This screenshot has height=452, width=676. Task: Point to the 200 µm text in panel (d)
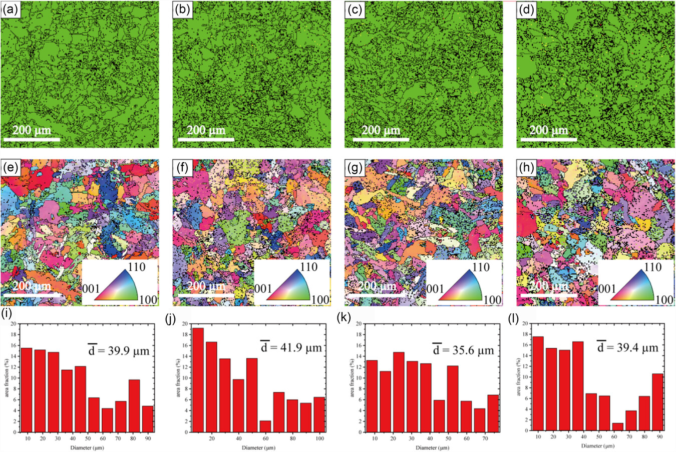[549, 130]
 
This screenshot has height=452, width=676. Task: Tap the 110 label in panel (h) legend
[652, 267]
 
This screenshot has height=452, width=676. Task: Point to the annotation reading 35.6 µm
[464, 350]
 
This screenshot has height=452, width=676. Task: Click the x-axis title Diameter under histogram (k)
[436, 447]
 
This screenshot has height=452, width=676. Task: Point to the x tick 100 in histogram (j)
[320, 438]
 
